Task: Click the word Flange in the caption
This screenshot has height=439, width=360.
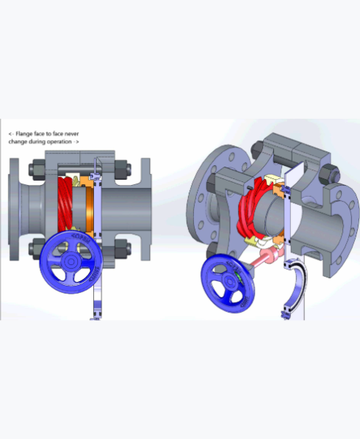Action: pyautogui.click(x=24, y=134)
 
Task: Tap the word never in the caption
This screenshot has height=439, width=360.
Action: pyautogui.click(x=72, y=134)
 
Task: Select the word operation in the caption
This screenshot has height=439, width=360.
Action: pyautogui.click(x=59, y=142)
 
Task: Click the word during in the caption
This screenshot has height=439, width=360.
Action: pyautogui.click(x=37, y=142)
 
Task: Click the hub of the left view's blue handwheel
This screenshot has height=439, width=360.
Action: pyautogui.click(x=71, y=262)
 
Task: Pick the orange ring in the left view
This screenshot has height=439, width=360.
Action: pyautogui.click(x=90, y=207)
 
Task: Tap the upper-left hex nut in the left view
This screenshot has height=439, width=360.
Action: pyautogui.click(x=37, y=170)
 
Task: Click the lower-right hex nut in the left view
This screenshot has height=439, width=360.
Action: pyautogui.click(x=123, y=249)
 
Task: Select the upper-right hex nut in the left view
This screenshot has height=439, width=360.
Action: pyautogui.click(x=123, y=170)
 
